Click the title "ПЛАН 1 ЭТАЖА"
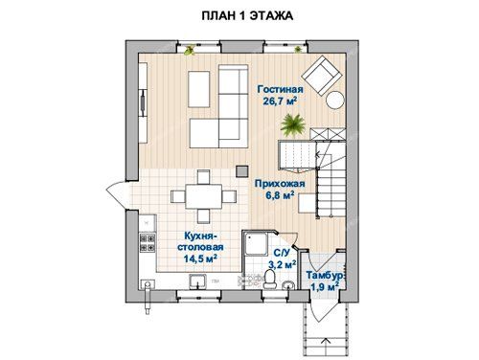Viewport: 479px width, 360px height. [x=247, y=15]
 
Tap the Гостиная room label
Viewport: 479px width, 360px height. [x=280, y=89]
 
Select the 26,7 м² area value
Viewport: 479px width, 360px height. [x=280, y=101]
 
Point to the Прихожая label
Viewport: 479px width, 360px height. [x=280, y=184]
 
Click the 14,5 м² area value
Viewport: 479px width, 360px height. [x=200, y=259]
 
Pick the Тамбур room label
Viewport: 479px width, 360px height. [x=325, y=275]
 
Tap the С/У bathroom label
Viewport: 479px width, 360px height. [x=283, y=253]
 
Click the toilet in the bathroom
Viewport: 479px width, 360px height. [x=271, y=279]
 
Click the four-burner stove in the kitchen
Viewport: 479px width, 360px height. [x=148, y=243]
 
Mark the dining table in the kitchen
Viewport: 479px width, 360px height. [x=204, y=196]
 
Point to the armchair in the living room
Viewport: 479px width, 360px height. [x=322, y=75]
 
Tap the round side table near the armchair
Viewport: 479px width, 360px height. [x=335, y=101]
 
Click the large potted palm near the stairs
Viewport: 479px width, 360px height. [x=292, y=124]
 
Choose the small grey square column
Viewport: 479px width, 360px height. [x=242, y=171]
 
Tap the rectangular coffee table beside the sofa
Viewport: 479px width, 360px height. [x=199, y=89]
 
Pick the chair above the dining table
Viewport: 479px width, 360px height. [x=203, y=177]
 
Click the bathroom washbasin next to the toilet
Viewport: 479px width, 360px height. [x=288, y=285]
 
